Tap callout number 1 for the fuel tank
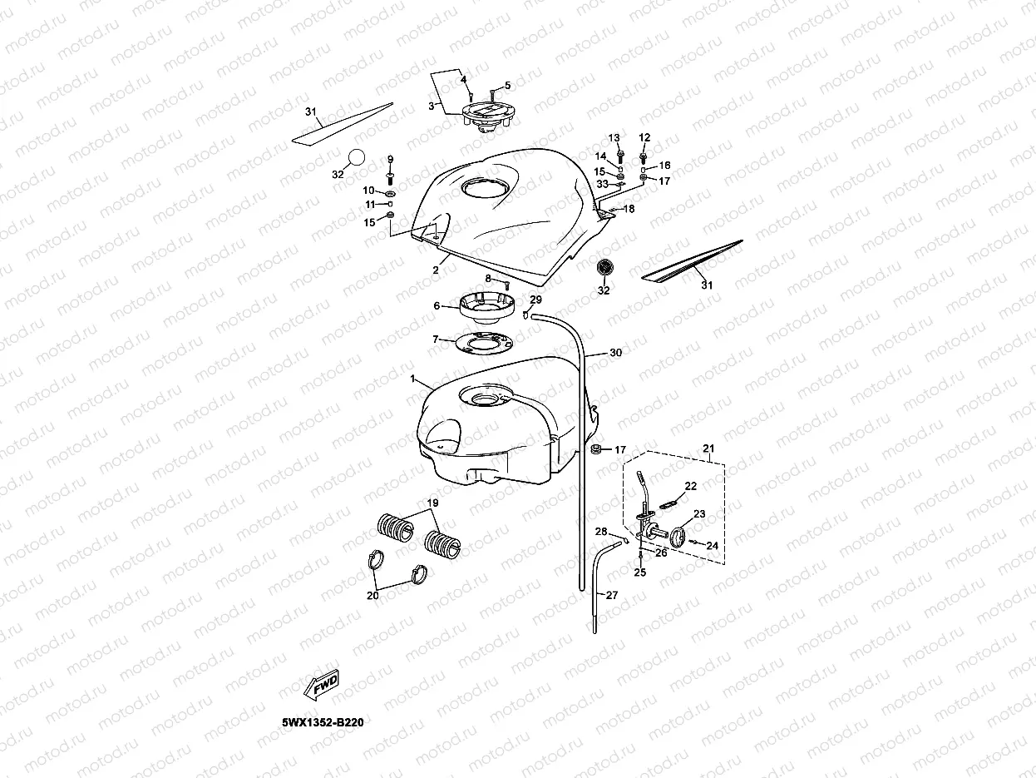click(414, 379)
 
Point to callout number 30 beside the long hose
click(615, 353)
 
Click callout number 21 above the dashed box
click(708, 448)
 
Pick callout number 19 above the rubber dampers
click(432, 503)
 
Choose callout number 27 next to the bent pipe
click(612, 595)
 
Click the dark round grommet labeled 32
click(604, 269)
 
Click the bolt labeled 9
click(389, 176)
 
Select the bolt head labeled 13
click(620, 155)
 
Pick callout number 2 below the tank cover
click(435, 270)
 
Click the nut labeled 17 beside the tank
click(596, 450)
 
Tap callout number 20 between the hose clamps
click(372, 595)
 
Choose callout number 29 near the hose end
click(535, 300)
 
